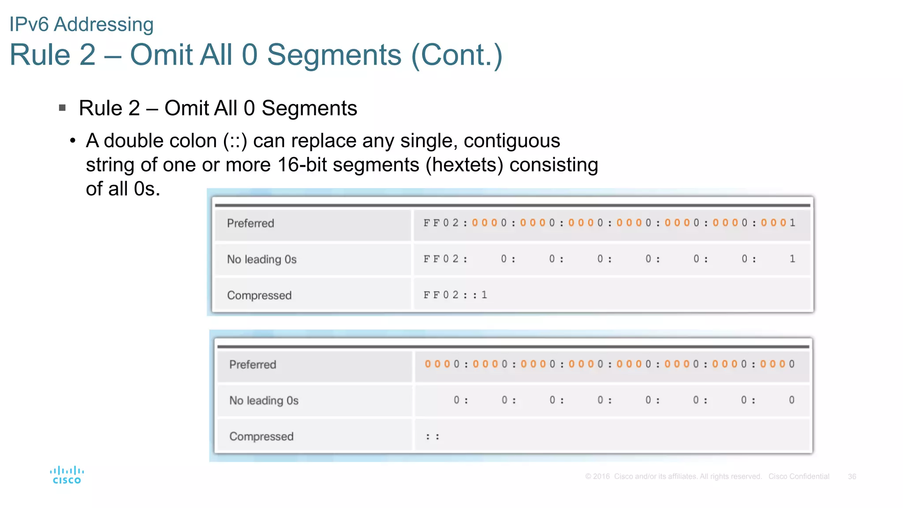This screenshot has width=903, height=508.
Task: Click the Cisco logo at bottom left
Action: [x=67, y=475]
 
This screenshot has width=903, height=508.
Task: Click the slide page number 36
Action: [x=852, y=477]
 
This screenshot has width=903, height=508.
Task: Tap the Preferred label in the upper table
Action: [x=250, y=224]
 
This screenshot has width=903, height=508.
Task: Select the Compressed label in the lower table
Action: [x=261, y=437]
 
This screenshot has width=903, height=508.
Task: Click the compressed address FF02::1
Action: [x=455, y=295]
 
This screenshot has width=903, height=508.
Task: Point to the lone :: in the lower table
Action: [x=432, y=437]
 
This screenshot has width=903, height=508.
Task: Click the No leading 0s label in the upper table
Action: [x=261, y=259]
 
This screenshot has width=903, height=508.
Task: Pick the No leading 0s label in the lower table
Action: [x=264, y=400]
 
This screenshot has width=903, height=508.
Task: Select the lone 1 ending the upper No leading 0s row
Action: [x=792, y=259]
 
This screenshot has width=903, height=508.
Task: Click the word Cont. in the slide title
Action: [x=456, y=55]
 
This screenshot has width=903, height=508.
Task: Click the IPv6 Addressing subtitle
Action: [x=82, y=24]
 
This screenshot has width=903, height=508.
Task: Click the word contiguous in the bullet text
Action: [x=511, y=141]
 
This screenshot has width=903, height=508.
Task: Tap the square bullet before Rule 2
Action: [x=62, y=108]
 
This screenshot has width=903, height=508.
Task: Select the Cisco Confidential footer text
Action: [x=799, y=477]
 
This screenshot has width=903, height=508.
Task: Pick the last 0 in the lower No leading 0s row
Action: [x=791, y=400]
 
